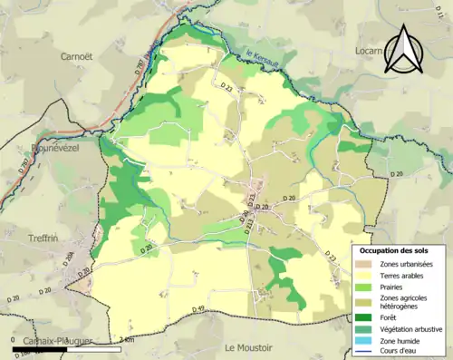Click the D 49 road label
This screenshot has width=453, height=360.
point(200,310)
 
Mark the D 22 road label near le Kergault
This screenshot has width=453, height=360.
point(202,88)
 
